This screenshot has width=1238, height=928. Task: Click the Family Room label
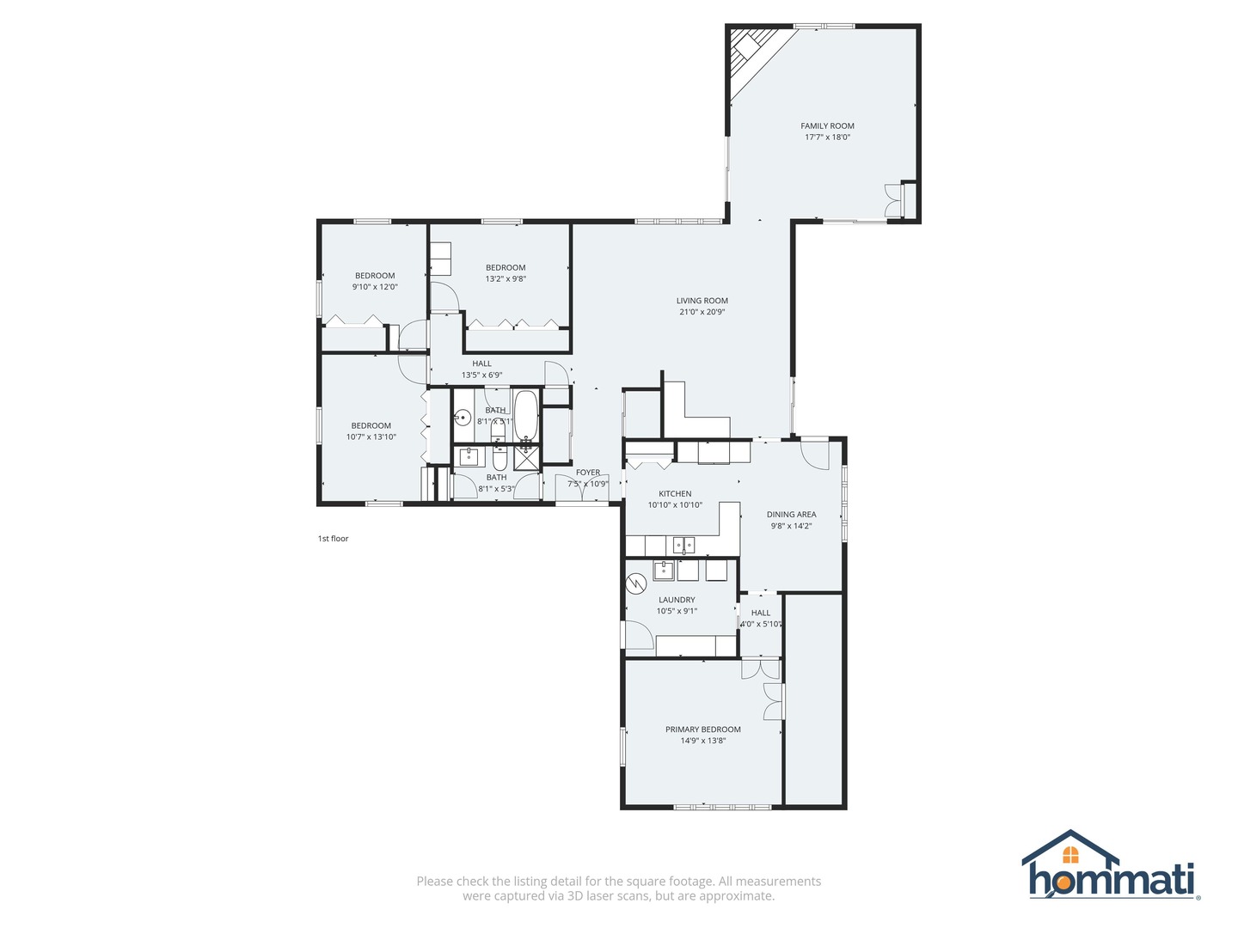827,126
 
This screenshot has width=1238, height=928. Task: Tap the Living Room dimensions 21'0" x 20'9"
702,312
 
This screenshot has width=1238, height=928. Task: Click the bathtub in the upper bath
526,417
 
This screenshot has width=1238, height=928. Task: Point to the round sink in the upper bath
463,418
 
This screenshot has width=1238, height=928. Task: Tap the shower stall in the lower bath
526,458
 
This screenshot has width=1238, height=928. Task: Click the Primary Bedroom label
702,730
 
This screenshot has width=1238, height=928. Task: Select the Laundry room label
677,600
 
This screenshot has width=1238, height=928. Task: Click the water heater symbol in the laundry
635,583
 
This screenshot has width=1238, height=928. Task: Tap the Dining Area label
791,515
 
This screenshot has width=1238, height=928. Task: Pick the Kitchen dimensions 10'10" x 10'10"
675,505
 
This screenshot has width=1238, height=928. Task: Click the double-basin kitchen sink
683,545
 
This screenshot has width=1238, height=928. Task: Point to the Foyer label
588,473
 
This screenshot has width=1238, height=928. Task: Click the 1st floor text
333,539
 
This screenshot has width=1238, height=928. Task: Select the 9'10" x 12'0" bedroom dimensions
375,287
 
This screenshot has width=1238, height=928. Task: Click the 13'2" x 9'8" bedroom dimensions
506,278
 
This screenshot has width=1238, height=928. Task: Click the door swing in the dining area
813,455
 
